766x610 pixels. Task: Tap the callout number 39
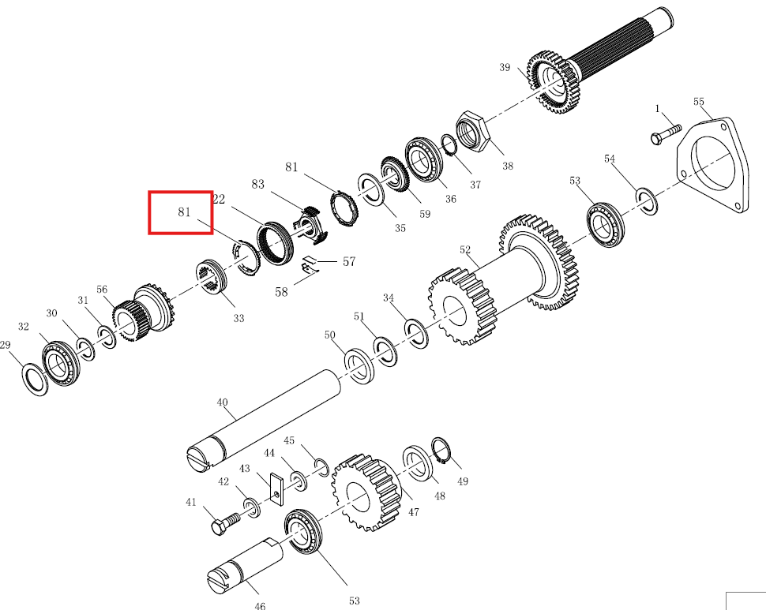[x=505, y=67]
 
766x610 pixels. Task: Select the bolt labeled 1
[x=666, y=133]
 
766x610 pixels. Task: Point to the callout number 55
[x=699, y=102]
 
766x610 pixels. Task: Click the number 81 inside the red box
[x=184, y=211]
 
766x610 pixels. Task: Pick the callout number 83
[x=258, y=184]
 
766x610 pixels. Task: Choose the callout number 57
[x=349, y=261]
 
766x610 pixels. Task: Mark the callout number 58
[x=281, y=292]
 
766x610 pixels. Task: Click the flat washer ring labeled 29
[x=36, y=379]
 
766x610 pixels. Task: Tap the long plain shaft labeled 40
[x=264, y=420]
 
